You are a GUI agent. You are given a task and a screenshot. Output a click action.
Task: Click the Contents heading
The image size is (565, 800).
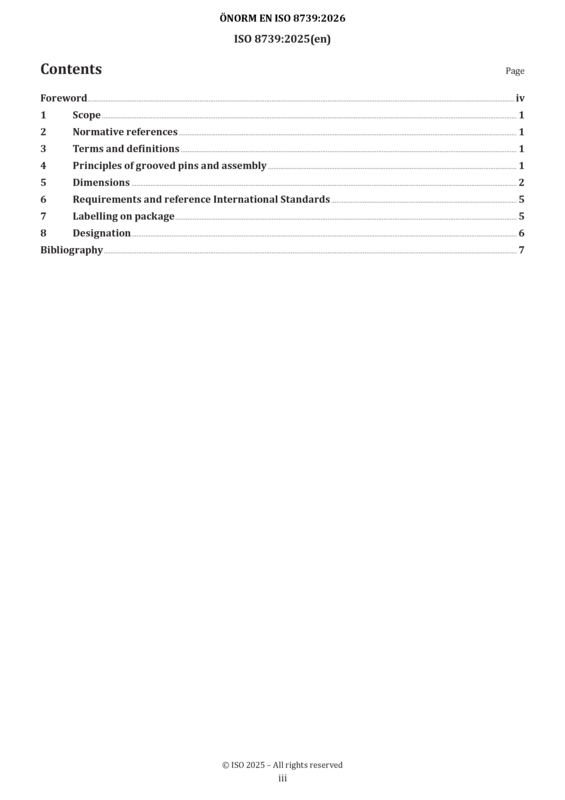pyautogui.click(x=71, y=69)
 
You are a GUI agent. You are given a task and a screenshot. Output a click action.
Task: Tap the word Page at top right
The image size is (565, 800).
pyautogui.click(x=514, y=71)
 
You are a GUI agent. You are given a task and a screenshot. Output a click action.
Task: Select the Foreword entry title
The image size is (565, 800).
pyautogui.click(x=64, y=98)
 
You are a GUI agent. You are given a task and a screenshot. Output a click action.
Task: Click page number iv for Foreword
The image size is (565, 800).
pyautogui.click(x=520, y=98)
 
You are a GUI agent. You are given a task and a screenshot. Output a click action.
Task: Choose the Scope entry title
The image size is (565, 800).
pyautogui.click(x=86, y=115)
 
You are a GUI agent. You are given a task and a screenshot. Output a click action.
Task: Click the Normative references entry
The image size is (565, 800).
pyautogui.click(x=125, y=132)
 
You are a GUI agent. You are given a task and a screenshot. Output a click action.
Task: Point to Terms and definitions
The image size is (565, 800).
pyautogui.click(x=126, y=148)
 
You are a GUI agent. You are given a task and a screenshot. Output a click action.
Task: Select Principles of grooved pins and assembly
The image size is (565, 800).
pyautogui.click(x=169, y=166)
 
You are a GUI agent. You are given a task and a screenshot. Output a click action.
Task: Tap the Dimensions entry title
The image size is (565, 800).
pyautogui.click(x=101, y=182)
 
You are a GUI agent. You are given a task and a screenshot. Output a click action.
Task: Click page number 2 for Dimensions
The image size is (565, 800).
pyautogui.click(x=521, y=182)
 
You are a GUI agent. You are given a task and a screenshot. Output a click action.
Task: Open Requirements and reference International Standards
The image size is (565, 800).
pyautogui.click(x=201, y=199)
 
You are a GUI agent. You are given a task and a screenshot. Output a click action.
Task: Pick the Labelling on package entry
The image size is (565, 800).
pyautogui.click(x=124, y=216)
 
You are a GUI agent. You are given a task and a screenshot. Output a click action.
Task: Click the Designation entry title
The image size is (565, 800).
pyautogui.click(x=102, y=233)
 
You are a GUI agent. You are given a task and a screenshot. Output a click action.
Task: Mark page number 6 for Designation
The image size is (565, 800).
pyautogui.click(x=521, y=233)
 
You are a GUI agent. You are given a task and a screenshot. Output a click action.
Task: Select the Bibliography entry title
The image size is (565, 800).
pyautogui.click(x=71, y=250)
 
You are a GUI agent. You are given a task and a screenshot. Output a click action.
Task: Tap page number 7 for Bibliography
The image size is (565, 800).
pyautogui.click(x=521, y=250)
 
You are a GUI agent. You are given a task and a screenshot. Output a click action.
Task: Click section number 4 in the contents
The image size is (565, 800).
pyautogui.click(x=43, y=165)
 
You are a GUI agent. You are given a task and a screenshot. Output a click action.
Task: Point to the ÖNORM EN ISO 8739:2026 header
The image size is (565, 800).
pyautogui.click(x=282, y=18)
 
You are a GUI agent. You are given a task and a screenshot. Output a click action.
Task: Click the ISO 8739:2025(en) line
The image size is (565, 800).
pyautogui.click(x=282, y=39)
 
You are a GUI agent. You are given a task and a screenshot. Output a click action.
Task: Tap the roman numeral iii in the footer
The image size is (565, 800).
pyautogui.click(x=282, y=778)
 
